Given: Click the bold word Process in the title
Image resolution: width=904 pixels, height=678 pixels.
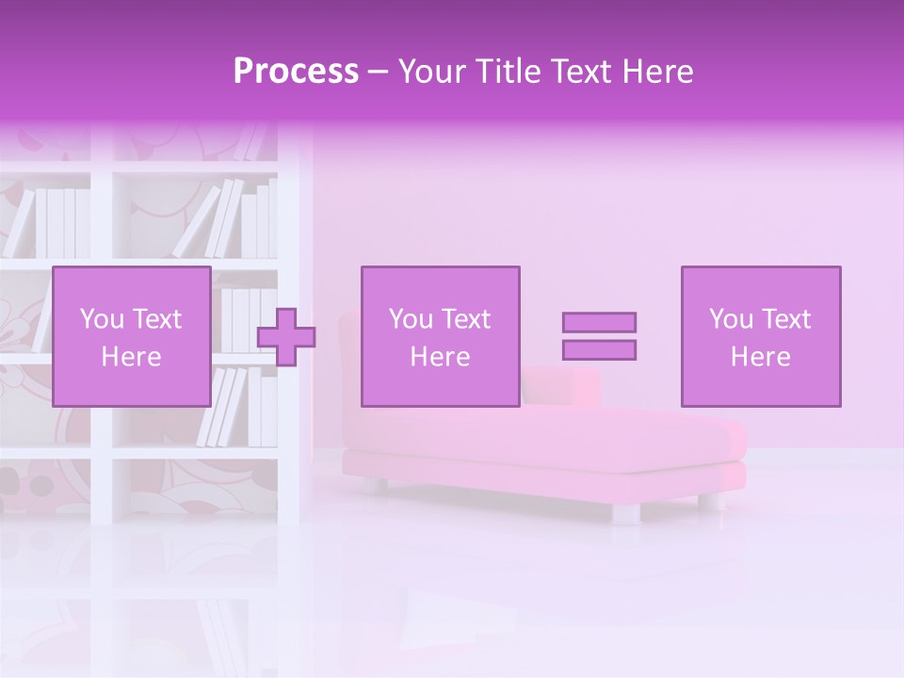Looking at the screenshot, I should [296, 72].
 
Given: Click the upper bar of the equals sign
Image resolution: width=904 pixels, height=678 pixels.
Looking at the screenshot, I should [599, 322].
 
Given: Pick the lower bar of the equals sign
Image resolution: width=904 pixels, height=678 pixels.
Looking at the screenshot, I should [599, 350].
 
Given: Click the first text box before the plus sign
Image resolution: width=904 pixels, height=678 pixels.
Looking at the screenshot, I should [132, 336].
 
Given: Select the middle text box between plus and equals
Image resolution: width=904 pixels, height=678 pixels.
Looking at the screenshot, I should [440, 336].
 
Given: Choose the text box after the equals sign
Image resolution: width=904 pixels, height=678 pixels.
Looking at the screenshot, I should [761, 336].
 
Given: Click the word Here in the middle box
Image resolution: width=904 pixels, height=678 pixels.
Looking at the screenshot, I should [440, 357].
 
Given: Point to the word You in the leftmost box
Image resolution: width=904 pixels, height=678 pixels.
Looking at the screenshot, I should [102, 319].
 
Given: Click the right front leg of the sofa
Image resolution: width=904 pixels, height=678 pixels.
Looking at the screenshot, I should [626, 513].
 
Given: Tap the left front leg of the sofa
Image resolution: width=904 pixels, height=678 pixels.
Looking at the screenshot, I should [376, 487].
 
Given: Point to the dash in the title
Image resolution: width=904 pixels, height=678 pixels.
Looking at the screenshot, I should [379, 72].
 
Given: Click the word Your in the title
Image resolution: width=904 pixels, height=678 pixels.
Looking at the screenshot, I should [432, 72].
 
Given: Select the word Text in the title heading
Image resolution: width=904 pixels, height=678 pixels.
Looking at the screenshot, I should [578, 72].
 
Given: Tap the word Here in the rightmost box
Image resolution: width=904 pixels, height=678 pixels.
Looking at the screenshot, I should [761, 357].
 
